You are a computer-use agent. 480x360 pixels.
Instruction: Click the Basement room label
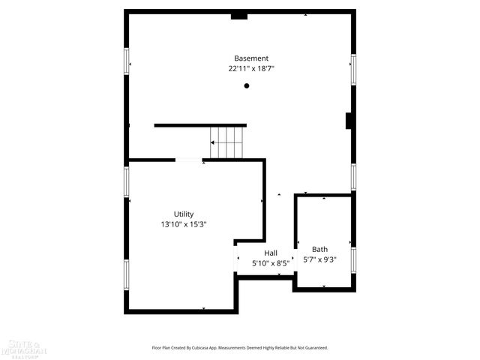[250, 58]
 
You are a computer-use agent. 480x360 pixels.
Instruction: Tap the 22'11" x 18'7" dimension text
[250, 68]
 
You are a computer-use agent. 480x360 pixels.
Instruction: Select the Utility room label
[184, 214]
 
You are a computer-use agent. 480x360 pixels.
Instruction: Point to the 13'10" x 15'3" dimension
[184, 223]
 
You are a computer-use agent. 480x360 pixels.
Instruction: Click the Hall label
[271, 253]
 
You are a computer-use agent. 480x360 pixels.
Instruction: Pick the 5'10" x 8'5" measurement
[271, 263]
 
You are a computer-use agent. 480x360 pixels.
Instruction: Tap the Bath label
[320, 250]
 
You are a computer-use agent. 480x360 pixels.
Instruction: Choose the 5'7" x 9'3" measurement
[320, 259]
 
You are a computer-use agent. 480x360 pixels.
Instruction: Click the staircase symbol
[227, 142]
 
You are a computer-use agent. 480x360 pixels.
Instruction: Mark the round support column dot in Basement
[246, 86]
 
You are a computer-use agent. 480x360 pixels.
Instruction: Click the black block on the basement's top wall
[239, 15]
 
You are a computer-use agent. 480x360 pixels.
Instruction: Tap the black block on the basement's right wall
[349, 121]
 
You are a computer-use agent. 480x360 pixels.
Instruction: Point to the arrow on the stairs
[214, 142]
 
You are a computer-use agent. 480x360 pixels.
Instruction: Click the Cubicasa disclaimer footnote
[239, 347]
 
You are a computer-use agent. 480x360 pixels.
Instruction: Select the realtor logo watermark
[24, 348]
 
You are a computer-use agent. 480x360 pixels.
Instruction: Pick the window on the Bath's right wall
[352, 258]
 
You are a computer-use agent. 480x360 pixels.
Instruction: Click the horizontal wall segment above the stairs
[200, 125]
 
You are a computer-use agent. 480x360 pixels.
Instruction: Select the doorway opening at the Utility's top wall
[188, 160]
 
